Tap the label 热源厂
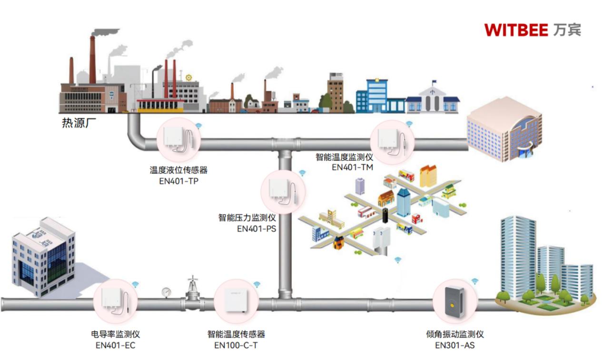[76, 123]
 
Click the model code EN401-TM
[353, 167]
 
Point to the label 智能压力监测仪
[247, 218]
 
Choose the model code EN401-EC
[116, 345]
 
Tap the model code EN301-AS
[455, 345]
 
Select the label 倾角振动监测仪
[455, 334]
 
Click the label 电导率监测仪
[116, 334]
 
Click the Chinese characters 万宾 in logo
[567, 30]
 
